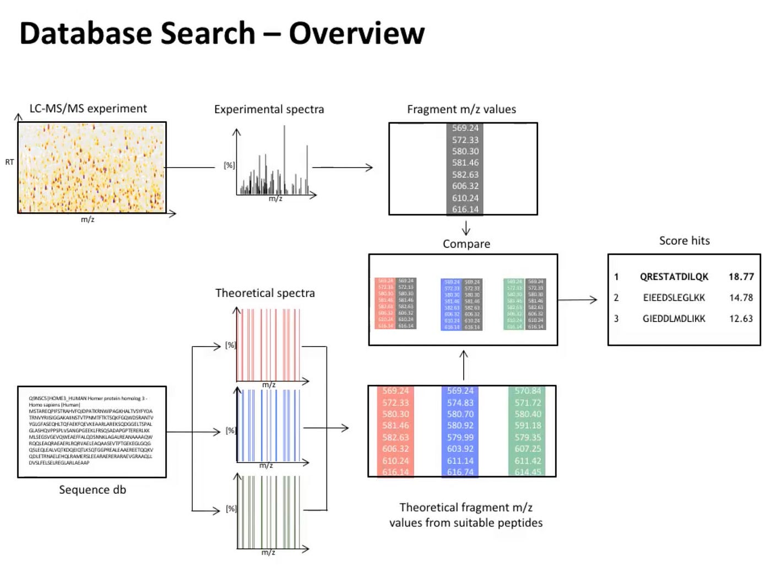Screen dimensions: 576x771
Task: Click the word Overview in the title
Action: (356, 34)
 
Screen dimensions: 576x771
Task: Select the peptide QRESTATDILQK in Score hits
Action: (674, 277)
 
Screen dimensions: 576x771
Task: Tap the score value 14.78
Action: (741, 298)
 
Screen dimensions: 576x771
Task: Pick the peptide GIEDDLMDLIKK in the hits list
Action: (674, 319)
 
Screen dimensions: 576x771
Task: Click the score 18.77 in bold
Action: (741, 277)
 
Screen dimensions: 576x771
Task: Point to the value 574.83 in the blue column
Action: (460, 403)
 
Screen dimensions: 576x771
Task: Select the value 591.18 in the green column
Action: (528, 426)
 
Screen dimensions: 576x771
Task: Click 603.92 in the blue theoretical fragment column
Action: (460, 449)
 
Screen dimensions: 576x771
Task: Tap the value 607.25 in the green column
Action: (528, 449)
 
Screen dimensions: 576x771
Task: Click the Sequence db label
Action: (93, 489)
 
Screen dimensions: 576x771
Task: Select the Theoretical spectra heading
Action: (265, 293)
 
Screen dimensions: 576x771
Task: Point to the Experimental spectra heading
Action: (269, 109)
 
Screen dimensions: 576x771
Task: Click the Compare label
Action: (466, 244)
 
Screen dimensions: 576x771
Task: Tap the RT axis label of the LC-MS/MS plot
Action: (9, 162)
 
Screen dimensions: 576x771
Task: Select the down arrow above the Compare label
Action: (466, 228)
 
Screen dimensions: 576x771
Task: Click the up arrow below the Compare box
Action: (464, 364)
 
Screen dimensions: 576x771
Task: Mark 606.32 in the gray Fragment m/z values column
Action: (465, 186)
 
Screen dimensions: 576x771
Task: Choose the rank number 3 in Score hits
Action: (616, 319)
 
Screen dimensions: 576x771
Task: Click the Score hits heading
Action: (684, 240)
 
